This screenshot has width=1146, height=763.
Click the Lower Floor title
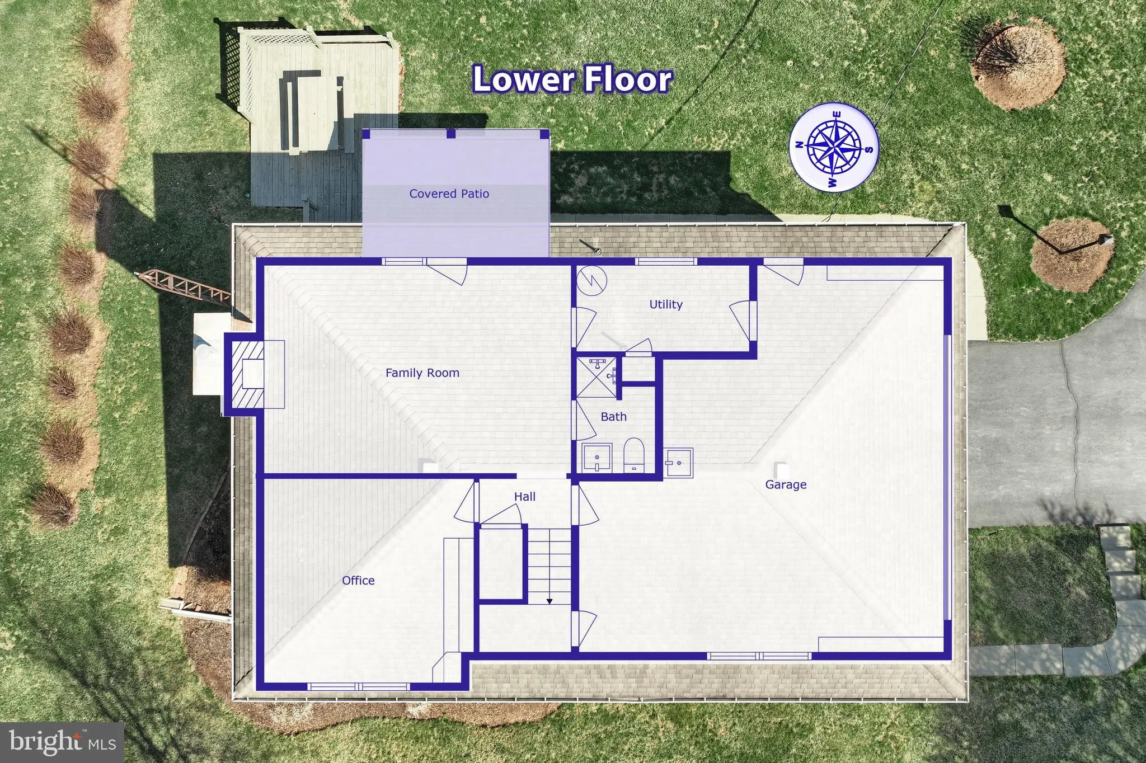572,79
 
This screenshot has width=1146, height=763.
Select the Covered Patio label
449,194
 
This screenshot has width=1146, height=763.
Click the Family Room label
422,373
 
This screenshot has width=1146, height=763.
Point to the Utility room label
665,304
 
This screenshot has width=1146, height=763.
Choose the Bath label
613,416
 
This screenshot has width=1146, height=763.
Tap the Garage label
786,484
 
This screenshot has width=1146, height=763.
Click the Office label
358,580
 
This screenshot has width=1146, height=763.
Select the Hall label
524,496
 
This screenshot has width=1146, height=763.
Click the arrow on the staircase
549,601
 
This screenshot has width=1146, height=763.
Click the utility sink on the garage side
678,463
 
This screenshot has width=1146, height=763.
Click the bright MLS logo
62,742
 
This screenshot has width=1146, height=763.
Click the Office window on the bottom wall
358,686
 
